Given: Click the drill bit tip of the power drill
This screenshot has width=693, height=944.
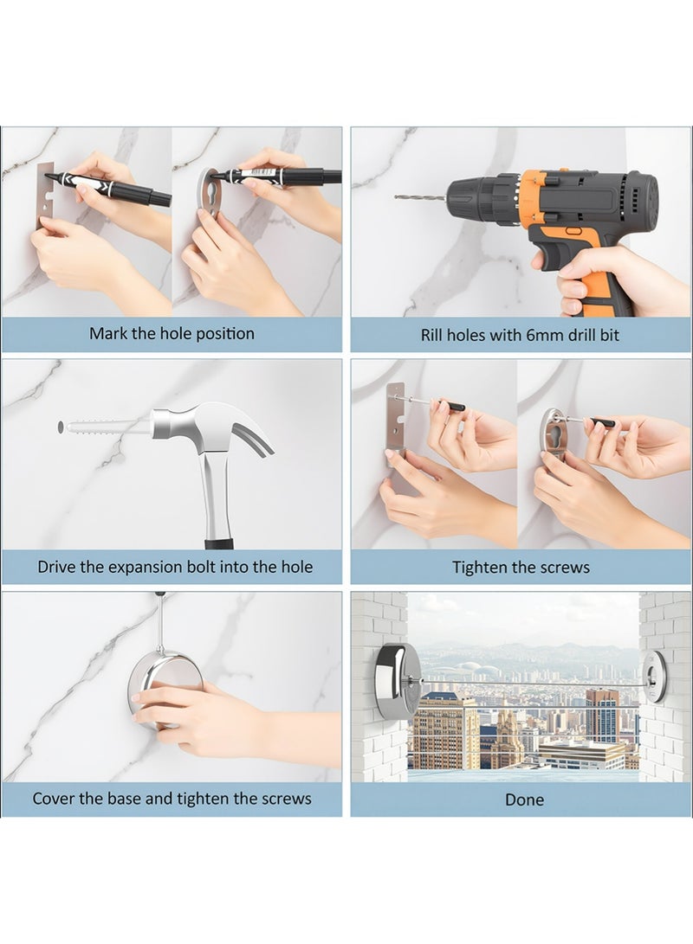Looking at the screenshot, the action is [x=396, y=196].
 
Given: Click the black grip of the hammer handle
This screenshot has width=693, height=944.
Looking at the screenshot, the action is [x=219, y=544].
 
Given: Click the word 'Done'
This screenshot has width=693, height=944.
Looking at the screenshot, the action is [x=524, y=800].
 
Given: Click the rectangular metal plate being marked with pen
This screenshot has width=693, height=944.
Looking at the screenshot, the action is [x=44, y=195].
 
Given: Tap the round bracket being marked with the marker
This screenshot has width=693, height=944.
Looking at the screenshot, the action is [x=210, y=194].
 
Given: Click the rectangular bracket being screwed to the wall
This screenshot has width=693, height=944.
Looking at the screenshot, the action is [x=395, y=416].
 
